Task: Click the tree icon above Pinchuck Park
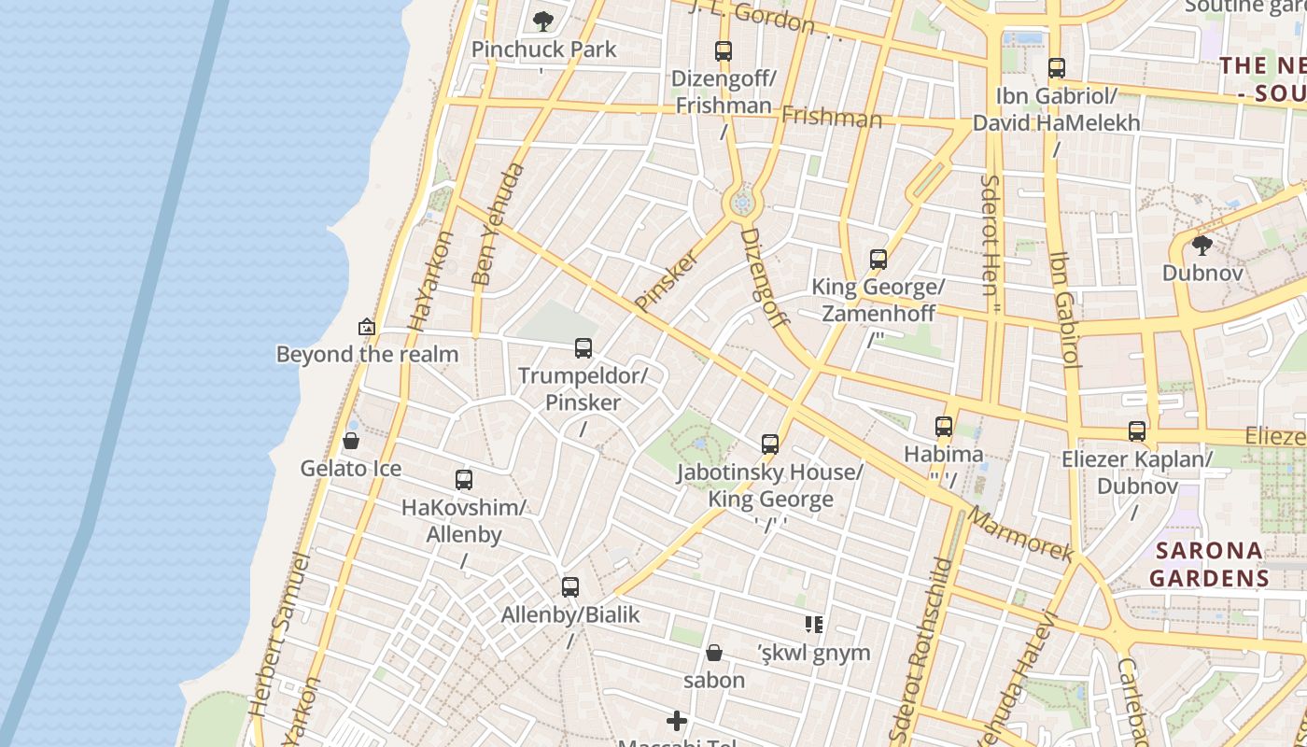[x=542, y=21]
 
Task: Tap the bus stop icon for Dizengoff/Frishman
[x=724, y=51]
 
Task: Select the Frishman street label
[x=831, y=117]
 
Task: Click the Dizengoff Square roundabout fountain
[x=743, y=202]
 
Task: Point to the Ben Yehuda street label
[x=498, y=224]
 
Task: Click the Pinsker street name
[x=667, y=280]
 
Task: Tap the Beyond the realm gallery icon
[x=367, y=327]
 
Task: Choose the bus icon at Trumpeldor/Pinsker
[x=583, y=348]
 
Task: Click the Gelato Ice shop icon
[x=351, y=441]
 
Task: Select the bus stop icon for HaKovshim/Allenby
[x=464, y=480]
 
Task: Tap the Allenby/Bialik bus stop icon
[x=570, y=587]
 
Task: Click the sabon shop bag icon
[x=714, y=652]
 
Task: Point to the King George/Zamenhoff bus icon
[x=878, y=260]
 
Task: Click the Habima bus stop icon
[x=944, y=427]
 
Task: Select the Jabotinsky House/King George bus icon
[x=770, y=444]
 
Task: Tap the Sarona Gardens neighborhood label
[x=1209, y=564]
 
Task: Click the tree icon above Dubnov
[x=1202, y=246]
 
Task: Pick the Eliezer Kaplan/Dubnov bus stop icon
[x=1137, y=431]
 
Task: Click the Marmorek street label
[x=1020, y=534]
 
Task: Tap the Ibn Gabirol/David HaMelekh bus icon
[x=1057, y=68]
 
